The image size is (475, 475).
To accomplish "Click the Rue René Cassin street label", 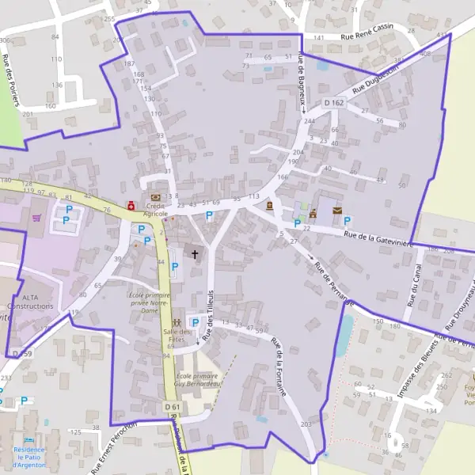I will (367, 36).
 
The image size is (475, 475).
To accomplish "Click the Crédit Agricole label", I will (155, 209).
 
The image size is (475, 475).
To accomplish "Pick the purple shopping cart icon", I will (36, 216).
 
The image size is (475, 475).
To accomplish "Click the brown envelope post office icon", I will (338, 211).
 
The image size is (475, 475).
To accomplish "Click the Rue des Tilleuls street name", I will (210, 313).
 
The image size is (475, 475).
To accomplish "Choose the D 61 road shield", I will (173, 407).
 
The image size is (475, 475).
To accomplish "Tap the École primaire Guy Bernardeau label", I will (196, 379).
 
